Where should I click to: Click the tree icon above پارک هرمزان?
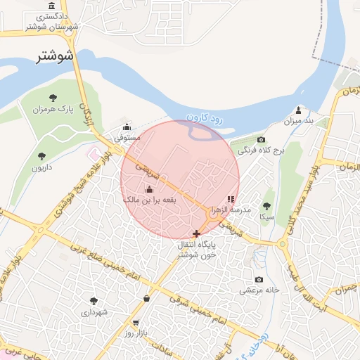pyautogui.click(x=54, y=98)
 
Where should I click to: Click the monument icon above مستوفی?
pyautogui.click(x=127, y=127)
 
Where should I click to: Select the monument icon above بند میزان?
pyautogui.click(x=298, y=110)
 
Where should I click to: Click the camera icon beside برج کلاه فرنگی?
pyautogui.click(x=261, y=140)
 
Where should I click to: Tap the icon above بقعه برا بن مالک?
pyautogui.click(x=148, y=189)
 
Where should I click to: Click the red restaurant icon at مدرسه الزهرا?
pyautogui.click(x=232, y=200)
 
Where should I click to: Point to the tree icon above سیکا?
pyautogui.click(x=266, y=206)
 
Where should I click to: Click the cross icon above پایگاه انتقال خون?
pyautogui.click(x=196, y=233)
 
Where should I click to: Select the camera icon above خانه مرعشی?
pyautogui.click(x=259, y=279)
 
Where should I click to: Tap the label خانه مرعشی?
pyautogui.click(x=259, y=290)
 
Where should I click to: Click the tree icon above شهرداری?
pyautogui.click(x=94, y=300)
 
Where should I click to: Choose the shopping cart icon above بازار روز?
pyautogui.click(x=146, y=299)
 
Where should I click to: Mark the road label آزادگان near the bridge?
pyautogui.click(x=87, y=112)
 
